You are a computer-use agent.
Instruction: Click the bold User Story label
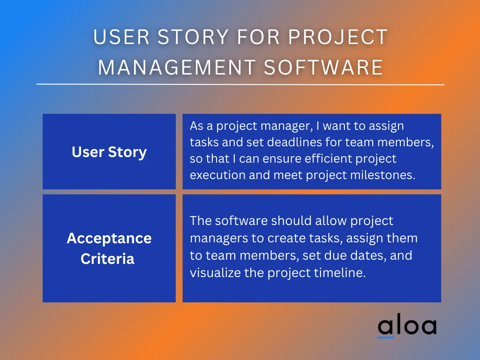(109, 152)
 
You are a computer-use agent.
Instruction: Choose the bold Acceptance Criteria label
(109, 248)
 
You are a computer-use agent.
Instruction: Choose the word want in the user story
(336, 126)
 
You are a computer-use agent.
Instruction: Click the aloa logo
(407, 326)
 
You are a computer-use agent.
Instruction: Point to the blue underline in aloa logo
(386, 337)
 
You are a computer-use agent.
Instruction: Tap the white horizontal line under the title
(240, 85)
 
